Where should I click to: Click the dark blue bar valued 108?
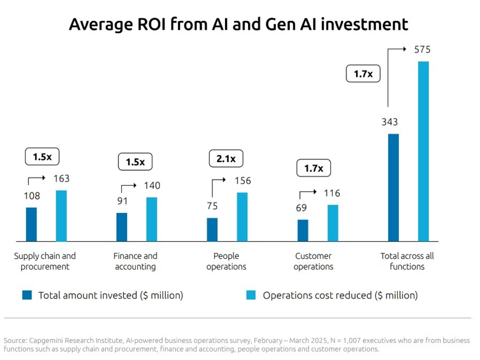[x=31, y=224]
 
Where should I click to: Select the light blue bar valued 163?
[x=61, y=216]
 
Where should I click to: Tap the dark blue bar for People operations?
[x=212, y=230]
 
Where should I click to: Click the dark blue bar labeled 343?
[x=394, y=188]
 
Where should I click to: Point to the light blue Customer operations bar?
[x=333, y=223]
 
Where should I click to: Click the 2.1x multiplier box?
[x=226, y=159]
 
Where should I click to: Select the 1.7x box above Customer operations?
[x=314, y=168]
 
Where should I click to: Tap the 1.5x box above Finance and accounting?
[x=135, y=162]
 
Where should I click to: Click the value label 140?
[x=152, y=186]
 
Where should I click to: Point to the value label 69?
[x=301, y=208]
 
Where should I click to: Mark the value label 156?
[x=243, y=181]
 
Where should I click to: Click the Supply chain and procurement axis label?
[x=45, y=261]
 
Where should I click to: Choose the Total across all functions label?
[x=407, y=261]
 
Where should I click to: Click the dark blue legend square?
[x=27, y=296]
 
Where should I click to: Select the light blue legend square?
[x=251, y=296]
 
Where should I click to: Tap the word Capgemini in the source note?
[x=43, y=341]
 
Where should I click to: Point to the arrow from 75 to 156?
[x=218, y=183]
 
